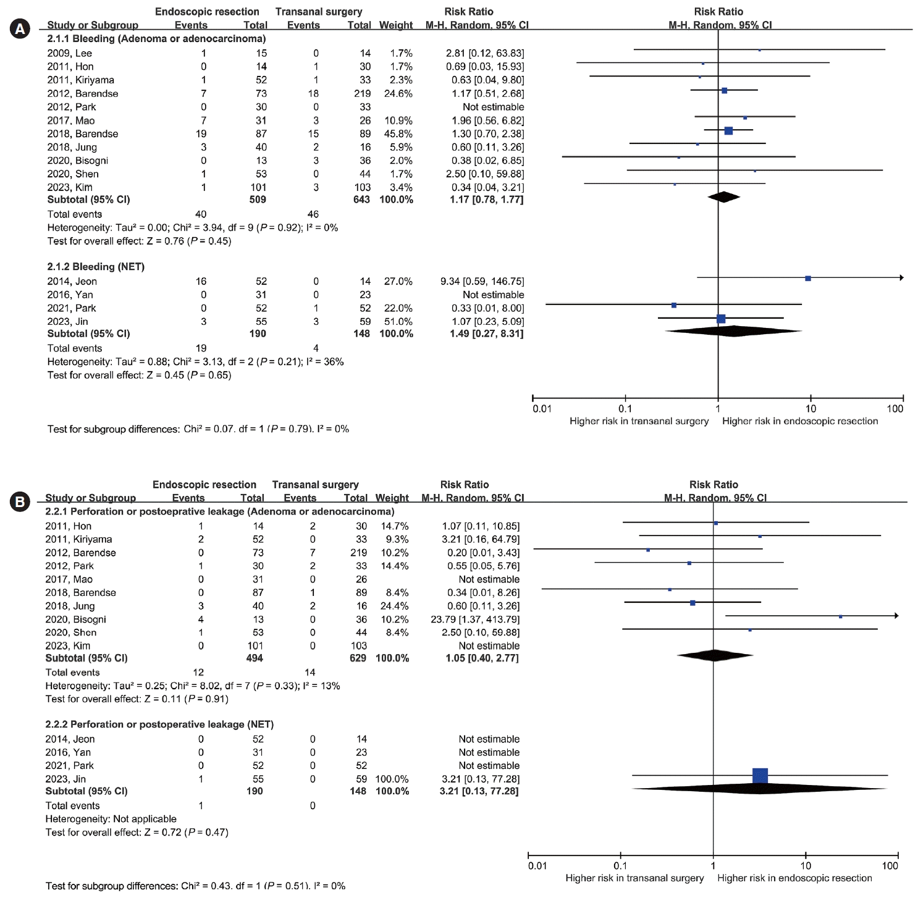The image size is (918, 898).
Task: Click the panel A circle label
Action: tap(20, 29)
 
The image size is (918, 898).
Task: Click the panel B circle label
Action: tap(20, 501)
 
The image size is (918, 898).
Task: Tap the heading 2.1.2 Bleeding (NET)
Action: tap(96, 267)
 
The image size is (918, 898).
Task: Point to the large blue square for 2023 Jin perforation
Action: tap(760, 776)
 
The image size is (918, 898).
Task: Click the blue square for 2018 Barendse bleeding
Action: tap(728, 130)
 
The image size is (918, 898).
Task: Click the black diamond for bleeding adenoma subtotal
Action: tap(724, 197)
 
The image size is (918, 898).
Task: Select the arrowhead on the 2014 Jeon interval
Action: tap(902, 278)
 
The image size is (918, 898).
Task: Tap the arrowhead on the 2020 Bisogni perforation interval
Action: tap(896, 616)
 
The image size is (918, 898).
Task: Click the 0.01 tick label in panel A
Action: tap(542, 409)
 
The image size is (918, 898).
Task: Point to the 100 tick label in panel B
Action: tap(890, 866)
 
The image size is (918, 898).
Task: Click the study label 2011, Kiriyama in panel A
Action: tap(80, 80)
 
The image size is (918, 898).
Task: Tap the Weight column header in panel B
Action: tap(392, 498)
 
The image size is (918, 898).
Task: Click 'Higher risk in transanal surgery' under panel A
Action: tap(639, 421)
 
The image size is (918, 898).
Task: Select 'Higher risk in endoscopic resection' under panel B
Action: tap(794, 878)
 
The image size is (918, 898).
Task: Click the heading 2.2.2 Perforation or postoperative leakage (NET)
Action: tap(159, 724)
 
